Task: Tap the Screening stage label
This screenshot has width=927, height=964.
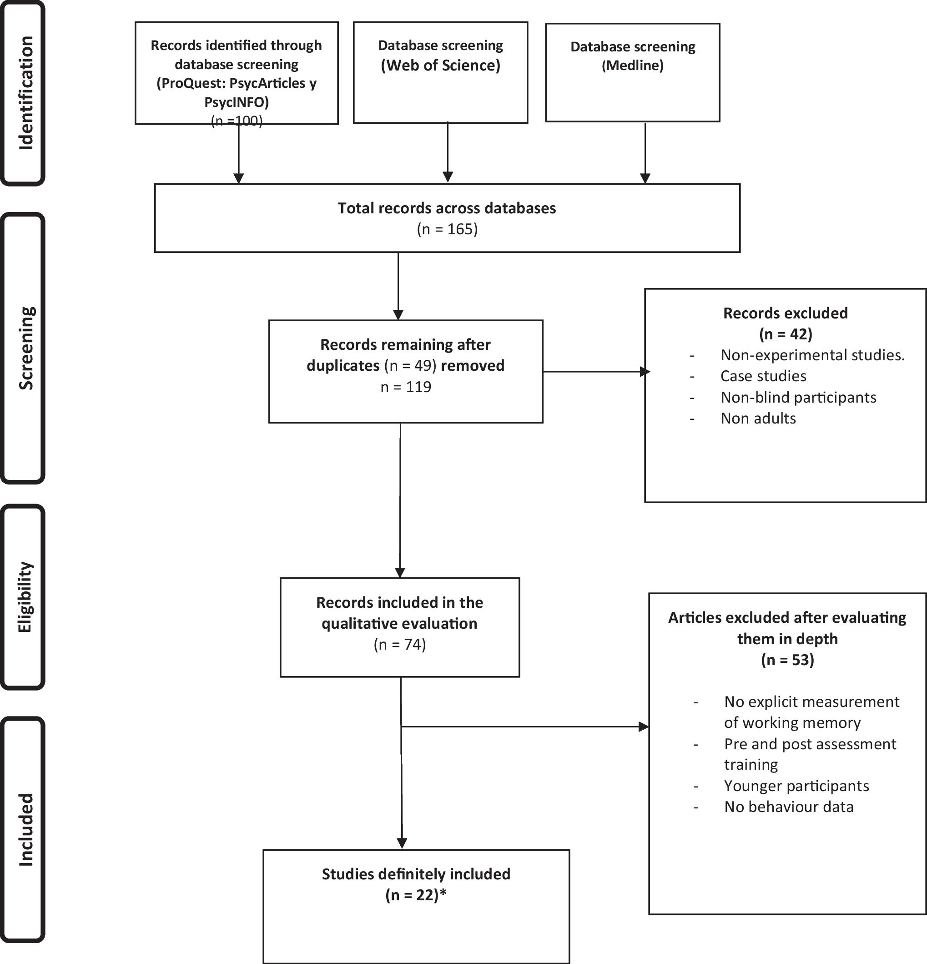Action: coord(25,348)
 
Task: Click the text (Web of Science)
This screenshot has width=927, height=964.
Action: coord(440,66)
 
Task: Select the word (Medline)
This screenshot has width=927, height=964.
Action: coord(632,66)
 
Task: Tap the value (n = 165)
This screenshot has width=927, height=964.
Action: coord(447,229)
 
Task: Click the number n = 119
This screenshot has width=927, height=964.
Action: coord(406,387)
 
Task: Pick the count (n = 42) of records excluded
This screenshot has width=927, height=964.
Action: coord(786,334)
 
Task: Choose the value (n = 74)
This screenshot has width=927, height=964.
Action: coord(399,644)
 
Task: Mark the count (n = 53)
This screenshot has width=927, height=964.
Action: coord(787,660)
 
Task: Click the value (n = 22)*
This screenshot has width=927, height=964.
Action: coord(416,895)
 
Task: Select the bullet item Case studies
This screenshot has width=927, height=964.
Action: coord(763,376)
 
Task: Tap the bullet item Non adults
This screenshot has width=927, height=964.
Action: coord(758,419)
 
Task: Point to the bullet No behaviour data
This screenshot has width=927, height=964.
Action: coord(788,807)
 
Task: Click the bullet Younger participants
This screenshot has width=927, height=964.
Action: coord(796,786)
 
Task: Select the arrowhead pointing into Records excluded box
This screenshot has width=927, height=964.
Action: coord(645,372)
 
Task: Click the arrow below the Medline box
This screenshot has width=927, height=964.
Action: coord(645,152)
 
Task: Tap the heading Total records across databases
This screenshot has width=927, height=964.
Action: coord(447,208)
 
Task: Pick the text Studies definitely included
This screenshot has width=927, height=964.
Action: coord(416,874)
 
